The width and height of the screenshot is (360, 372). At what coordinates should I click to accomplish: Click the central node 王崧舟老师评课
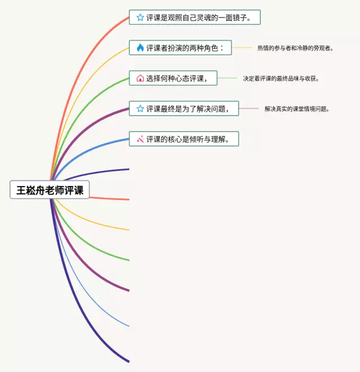point(50,190)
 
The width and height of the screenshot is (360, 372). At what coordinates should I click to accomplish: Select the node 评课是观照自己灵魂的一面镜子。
point(195,17)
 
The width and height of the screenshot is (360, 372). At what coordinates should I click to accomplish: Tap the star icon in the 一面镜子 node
point(140,17)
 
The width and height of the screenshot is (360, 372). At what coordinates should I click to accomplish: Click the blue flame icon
point(140,48)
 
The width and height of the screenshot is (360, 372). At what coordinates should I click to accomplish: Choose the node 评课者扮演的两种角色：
point(180,48)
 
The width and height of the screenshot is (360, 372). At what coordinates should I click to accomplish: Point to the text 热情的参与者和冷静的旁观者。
point(295,48)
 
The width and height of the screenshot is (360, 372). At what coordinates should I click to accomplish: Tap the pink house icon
point(140,78)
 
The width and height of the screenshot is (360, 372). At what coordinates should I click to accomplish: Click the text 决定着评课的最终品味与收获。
point(281,79)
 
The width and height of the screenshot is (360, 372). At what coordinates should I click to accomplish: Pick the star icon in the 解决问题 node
point(140,108)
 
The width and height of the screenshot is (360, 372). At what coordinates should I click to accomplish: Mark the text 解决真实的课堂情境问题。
point(297,109)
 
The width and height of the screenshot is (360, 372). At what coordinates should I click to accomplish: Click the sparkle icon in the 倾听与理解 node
point(140,139)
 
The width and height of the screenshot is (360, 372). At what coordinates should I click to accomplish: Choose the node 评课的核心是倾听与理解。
point(184,139)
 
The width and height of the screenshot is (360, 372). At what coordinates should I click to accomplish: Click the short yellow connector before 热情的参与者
point(242,48)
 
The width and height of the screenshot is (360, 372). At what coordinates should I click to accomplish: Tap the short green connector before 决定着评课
point(227,78)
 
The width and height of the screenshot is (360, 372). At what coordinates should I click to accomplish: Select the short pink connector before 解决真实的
point(249,108)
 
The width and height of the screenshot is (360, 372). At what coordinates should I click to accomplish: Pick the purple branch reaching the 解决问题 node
point(84,126)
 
